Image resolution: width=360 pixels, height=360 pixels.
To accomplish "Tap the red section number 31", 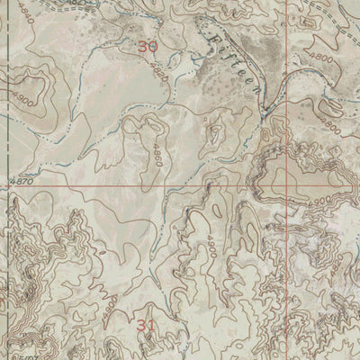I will [x=148, y=325].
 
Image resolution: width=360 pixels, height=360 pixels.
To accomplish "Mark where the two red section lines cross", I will [x=289, y=186].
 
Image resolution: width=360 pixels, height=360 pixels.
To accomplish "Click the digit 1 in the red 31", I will [x=155, y=325].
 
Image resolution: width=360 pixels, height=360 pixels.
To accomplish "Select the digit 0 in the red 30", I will [x=154, y=46].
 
